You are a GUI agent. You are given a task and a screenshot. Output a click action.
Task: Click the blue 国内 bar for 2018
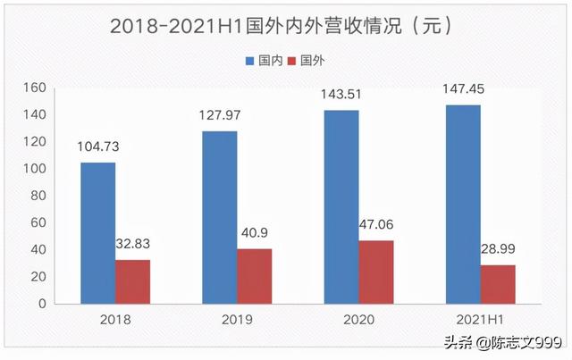coord(97,232)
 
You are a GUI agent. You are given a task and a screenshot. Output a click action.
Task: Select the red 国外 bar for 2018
coord(132,281)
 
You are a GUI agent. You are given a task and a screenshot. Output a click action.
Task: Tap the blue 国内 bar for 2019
coord(219,217)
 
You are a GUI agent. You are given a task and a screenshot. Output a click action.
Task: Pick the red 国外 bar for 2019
coord(254,276)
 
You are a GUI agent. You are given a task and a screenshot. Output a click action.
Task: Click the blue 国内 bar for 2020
coord(341,206)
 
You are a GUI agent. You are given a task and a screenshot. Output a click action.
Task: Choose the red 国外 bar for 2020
coord(375,272)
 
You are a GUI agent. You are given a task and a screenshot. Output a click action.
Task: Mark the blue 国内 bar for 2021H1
coord(462,204)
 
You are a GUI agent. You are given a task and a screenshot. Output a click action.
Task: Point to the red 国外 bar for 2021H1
coord(497,284)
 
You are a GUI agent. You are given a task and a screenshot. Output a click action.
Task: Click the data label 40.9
coord(254,235)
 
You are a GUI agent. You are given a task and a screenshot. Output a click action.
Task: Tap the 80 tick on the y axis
coord(37,196)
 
